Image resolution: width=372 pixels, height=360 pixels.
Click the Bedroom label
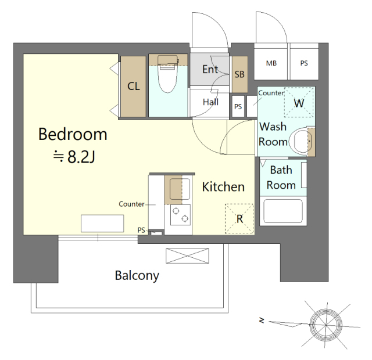pyautogui.click(x=73, y=134)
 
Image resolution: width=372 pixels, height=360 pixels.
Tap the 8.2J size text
pyautogui.click(x=81, y=156)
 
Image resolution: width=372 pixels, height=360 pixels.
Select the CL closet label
pyautogui.click(x=134, y=87)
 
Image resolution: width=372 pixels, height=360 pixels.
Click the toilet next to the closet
pyautogui.click(x=168, y=74)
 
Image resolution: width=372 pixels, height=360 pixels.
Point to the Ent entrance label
pyautogui.click(x=210, y=69)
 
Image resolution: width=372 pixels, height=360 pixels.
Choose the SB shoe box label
pyautogui.click(x=239, y=74)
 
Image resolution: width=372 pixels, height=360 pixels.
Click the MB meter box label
pyautogui.click(x=271, y=63)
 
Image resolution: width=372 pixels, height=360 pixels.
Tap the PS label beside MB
pyautogui.click(x=304, y=63)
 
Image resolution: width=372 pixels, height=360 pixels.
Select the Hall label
pyautogui.click(x=210, y=102)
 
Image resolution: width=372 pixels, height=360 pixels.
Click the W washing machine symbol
pyautogui.click(x=299, y=103)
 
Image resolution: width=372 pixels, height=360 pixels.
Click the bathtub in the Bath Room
pyautogui.click(x=283, y=211)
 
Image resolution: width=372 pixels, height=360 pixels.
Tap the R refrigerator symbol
pyautogui.click(x=239, y=218)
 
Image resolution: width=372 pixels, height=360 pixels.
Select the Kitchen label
pyautogui.click(x=223, y=187)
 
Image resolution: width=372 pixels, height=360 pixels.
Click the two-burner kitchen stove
pyautogui.click(x=180, y=215)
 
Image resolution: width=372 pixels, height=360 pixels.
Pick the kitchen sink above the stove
pyautogui.click(x=180, y=189)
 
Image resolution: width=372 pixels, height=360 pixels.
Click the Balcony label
pyautogui.click(x=137, y=276)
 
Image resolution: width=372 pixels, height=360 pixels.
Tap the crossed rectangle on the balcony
pyautogui.click(x=187, y=255)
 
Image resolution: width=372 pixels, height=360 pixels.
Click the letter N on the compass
pyautogui.click(x=262, y=321)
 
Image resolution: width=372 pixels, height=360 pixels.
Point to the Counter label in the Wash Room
pyautogui.click(x=271, y=93)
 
